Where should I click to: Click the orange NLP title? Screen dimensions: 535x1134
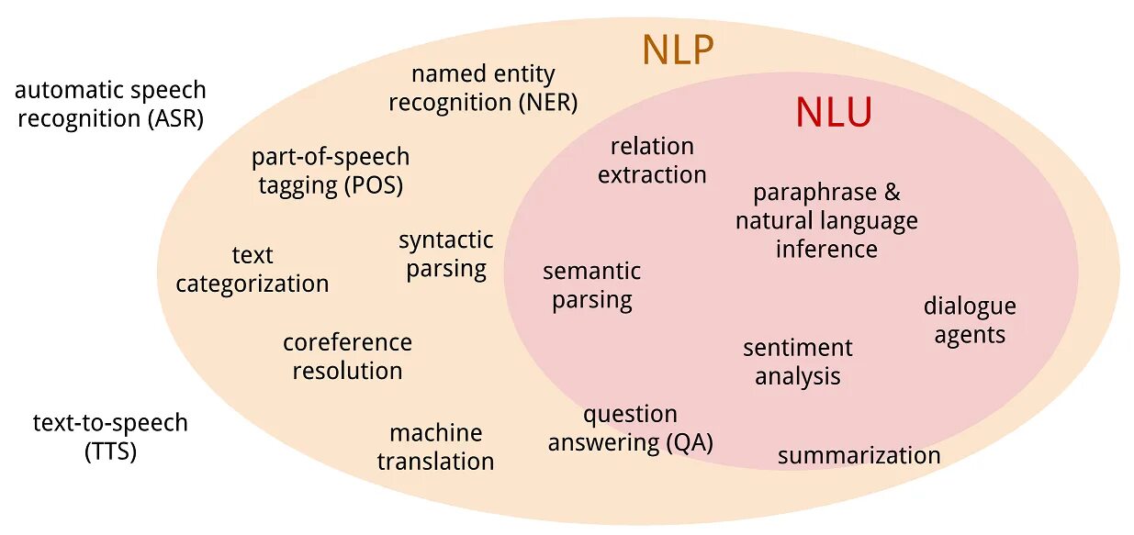[678, 50]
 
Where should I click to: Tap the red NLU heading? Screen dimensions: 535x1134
[833, 113]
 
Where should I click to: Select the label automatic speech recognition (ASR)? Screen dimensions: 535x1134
[110, 105]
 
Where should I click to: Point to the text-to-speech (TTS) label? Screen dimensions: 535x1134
[110, 437]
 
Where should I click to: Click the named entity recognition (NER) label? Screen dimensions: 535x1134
[483, 88]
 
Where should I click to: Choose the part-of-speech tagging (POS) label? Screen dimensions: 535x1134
[331, 171]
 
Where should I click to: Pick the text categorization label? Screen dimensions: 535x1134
[253, 269]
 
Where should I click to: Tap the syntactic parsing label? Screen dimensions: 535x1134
[446, 254]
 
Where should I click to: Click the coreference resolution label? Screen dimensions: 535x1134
[347, 356]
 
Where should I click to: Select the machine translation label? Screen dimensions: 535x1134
[435, 447]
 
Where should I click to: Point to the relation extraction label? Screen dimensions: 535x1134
[652, 161]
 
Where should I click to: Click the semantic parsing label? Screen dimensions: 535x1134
[592, 285]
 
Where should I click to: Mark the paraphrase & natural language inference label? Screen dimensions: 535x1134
[826, 220]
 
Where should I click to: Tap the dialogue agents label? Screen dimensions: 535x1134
[970, 320]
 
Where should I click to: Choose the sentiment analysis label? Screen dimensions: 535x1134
[798, 362]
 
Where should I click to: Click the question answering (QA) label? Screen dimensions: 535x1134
[631, 429]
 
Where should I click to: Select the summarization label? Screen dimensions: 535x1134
[859, 455]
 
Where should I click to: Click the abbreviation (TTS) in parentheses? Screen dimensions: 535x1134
[110, 451]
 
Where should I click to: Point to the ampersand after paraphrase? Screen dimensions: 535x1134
[893, 193]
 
